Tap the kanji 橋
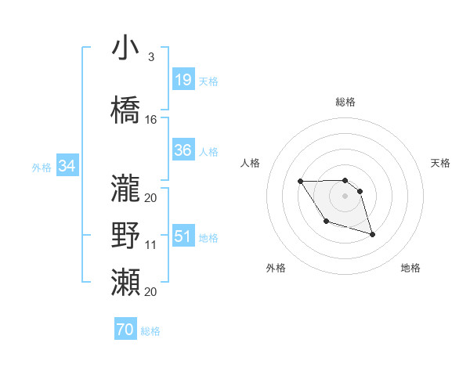tap(125, 110)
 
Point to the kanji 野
tap(125, 236)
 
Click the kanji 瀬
tap(125, 282)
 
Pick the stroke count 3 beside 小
tap(150, 57)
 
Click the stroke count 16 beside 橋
tap(151, 120)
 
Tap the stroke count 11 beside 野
tap(151, 245)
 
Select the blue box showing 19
tap(183, 80)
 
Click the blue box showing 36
tap(183, 150)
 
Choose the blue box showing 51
tap(183, 236)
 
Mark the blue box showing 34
tap(67, 166)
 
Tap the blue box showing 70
tap(125, 330)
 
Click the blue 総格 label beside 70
tap(150, 331)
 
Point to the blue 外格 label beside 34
tap(42, 167)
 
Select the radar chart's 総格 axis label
tap(345, 102)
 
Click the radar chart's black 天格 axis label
tap(440, 163)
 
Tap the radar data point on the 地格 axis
tap(372, 234)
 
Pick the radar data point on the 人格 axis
tap(301, 182)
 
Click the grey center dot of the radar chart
tap(345, 194)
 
